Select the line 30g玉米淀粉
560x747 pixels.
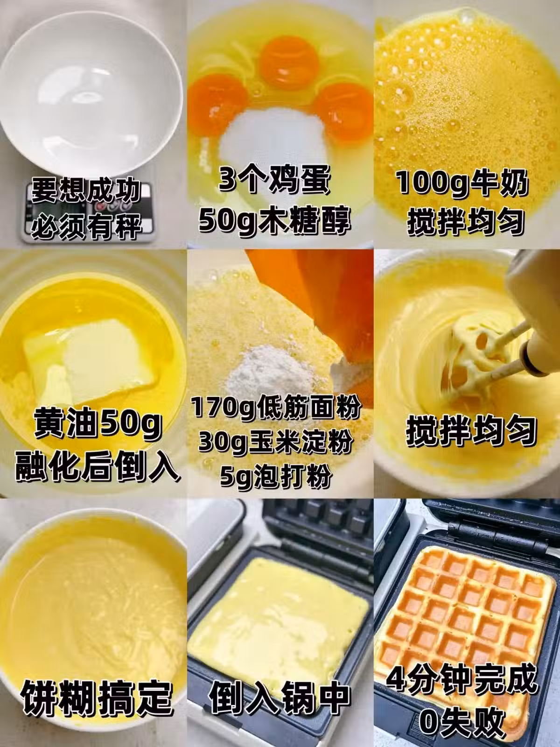click(275, 443)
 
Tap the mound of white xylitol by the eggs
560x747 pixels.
click(272, 136)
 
